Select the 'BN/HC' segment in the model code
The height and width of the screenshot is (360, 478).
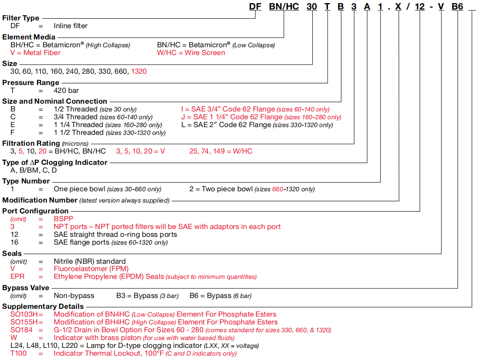pyautogui.click(x=284, y=7)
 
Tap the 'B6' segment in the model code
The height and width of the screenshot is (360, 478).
pyautogui.click(x=458, y=7)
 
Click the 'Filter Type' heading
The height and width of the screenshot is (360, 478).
pyautogui.click(x=21, y=18)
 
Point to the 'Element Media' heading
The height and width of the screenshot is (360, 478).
pyautogui.click(x=29, y=37)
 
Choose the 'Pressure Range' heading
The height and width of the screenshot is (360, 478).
pyautogui.click(x=31, y=82)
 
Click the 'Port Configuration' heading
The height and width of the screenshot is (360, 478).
pyautogui.click(x=36, y=211)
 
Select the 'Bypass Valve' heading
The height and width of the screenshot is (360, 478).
pyautogui.click(x=26, y=288)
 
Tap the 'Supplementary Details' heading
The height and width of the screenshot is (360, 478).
pyautogui.click(x=43, y=307)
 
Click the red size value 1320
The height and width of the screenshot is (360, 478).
pyautogui.click(x=139, y=72)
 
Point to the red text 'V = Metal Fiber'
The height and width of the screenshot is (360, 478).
pyautogui.click(x=36, y=53)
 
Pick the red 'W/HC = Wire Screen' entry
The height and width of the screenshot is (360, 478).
pyautogui.click(x=191, y=53)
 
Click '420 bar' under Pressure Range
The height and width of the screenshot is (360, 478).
pyautogui.click(x=66, y=91)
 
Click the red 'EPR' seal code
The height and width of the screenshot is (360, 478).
pyautogui.click(x=18, y=277)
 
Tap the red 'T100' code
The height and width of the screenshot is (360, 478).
pyautogui.click(x=19, y=353)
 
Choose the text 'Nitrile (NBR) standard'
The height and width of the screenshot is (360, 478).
pyautogui.click(x=90, y=262)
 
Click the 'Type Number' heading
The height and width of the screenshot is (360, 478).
pyautogui.click(x=26, y=181)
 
